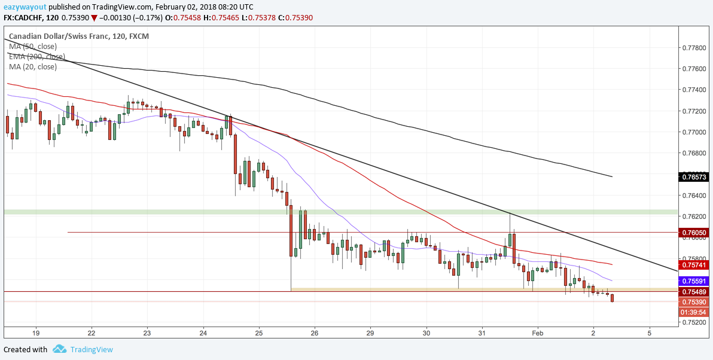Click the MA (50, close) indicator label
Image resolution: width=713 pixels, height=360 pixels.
point(33,47)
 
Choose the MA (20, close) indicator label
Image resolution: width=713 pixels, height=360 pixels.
point(33,67)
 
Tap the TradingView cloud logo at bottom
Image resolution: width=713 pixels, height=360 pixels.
point(60,349)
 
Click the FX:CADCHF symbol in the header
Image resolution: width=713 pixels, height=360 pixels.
point(23,18)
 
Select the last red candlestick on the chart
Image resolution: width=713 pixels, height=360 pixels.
point(613,298)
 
